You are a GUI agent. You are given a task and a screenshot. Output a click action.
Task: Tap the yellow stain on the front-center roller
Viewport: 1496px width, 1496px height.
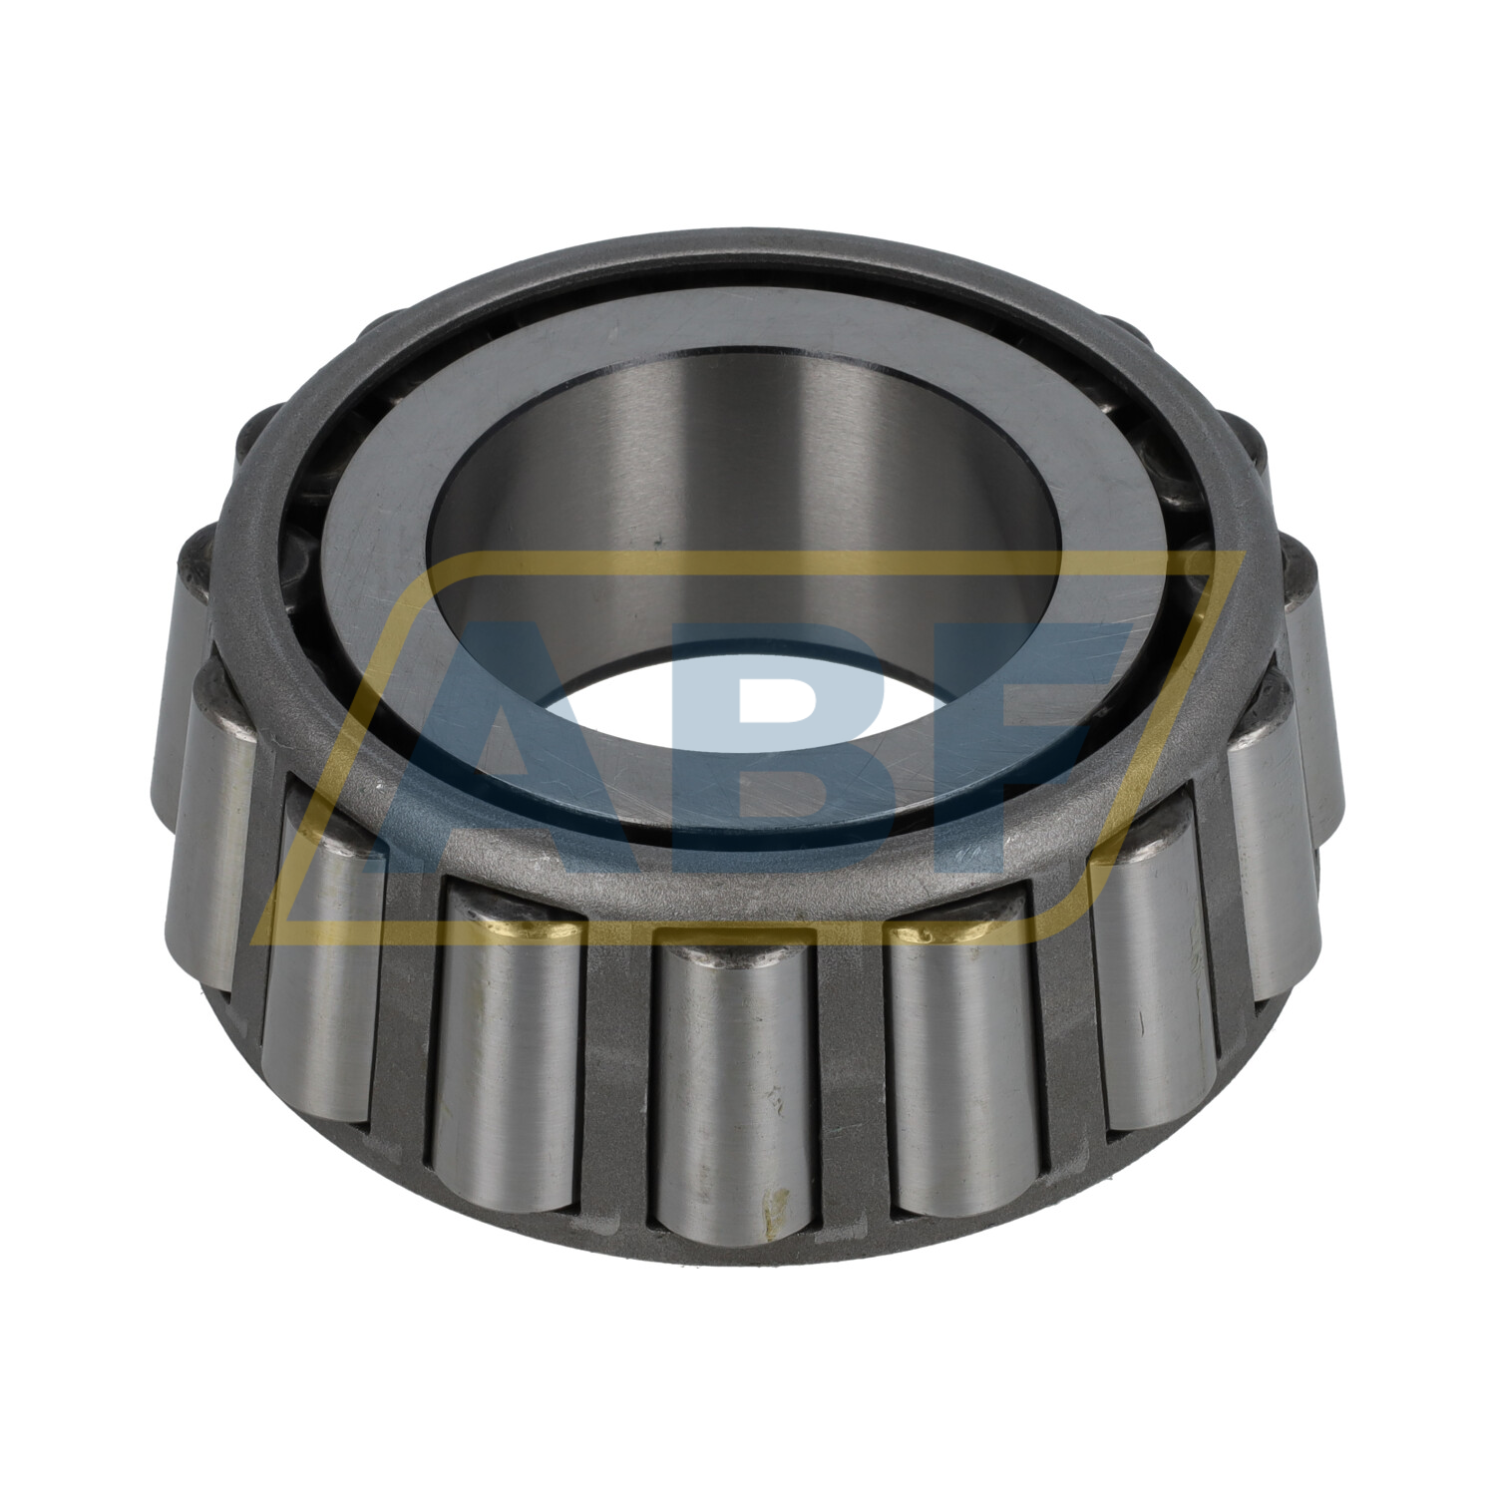click(767, 1211)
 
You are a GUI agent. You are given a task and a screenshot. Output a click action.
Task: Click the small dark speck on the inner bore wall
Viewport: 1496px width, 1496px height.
click(658, 544)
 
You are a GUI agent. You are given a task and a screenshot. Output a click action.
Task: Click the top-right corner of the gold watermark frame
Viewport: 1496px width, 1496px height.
click(1243, 555)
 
